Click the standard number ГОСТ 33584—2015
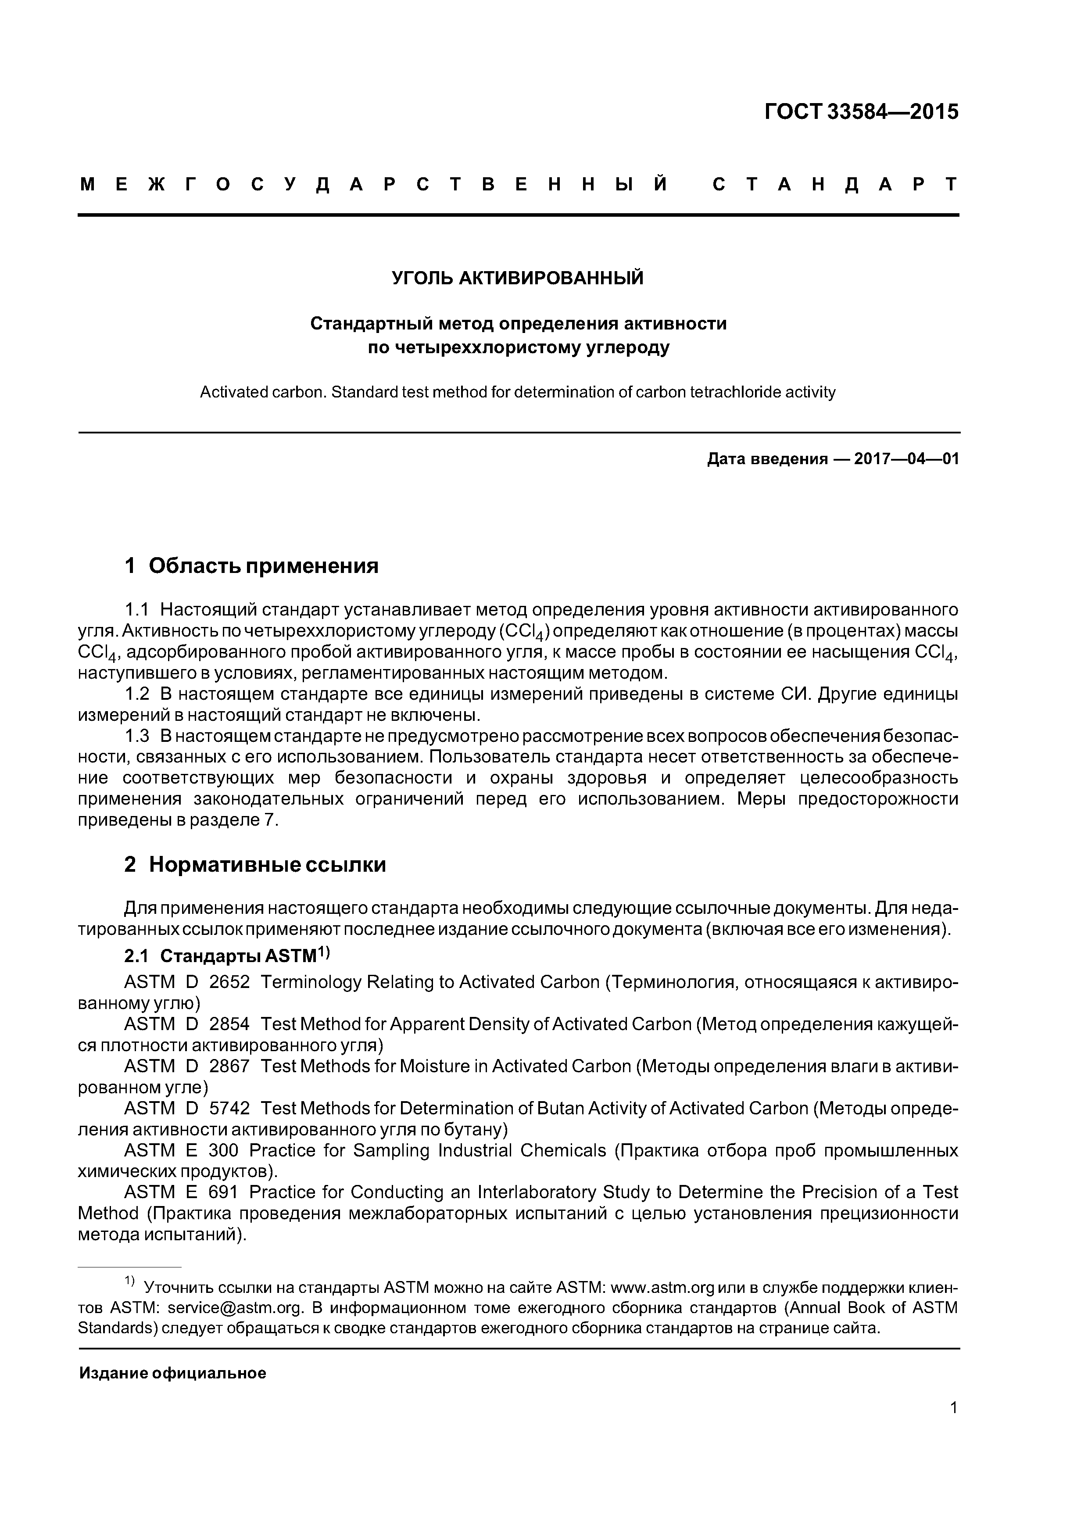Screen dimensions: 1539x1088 pyautogui.click(x=862, y=112)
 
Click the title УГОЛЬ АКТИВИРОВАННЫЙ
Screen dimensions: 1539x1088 pyautogui.click(x=518, y=278)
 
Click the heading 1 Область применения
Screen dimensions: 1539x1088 pyautogui.click(x=251, y=566)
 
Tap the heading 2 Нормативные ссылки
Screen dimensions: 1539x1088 pyautogui.click(x=255, y=865)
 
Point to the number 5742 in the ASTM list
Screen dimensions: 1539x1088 pyautogui.click(x=229, y=1109)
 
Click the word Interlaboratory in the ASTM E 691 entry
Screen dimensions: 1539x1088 pyautogui.click(x=536, y=1192)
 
